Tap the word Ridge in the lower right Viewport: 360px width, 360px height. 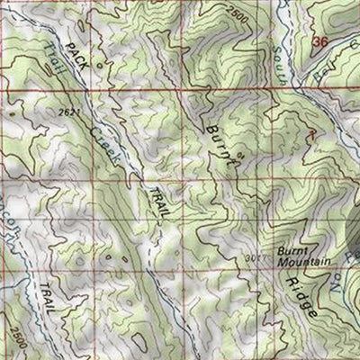(x=305, y=296)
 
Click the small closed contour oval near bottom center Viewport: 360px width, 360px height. (x=134, y=340)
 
